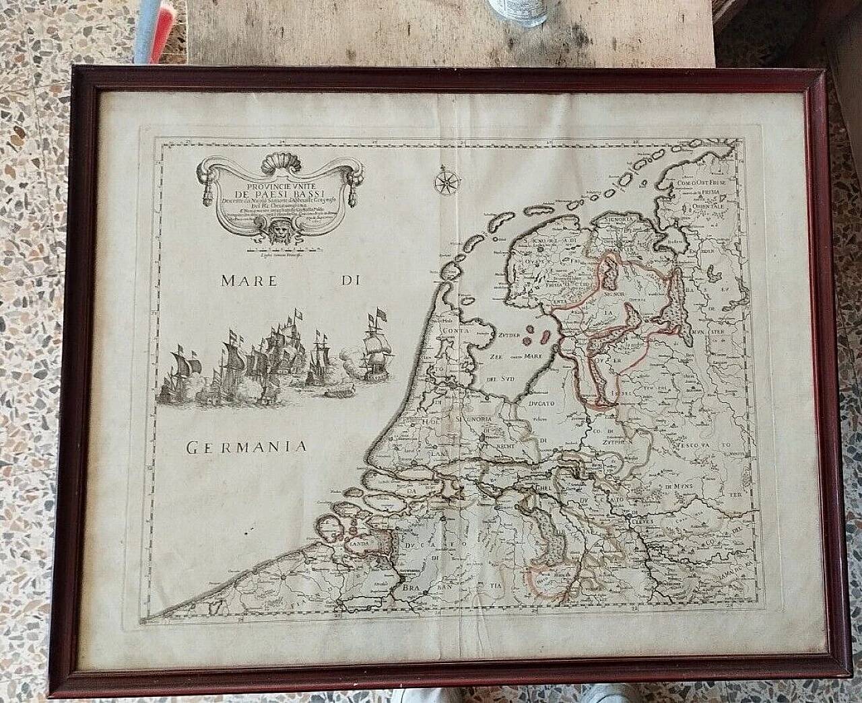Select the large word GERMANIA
coord(246,445)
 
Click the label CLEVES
coord(644,519)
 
